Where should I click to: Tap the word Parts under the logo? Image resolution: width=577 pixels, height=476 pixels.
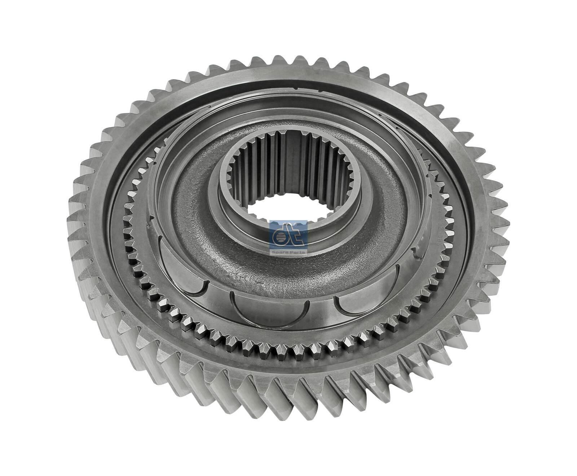pyautogui.click(x=296, y=252)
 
